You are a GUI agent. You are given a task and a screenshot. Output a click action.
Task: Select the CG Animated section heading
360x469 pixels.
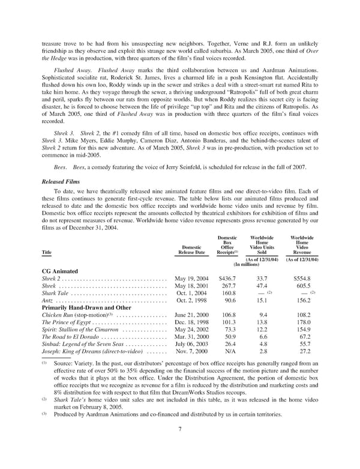click(x=61, y=271)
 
